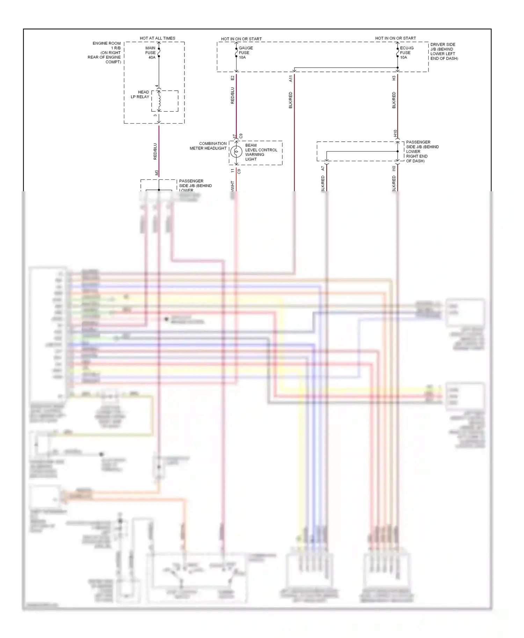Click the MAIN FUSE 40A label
pos(151,53)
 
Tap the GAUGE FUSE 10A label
pos(245,53)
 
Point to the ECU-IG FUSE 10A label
pos(406,53)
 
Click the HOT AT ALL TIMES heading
pos(157,38)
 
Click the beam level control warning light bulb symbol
pos(236,152)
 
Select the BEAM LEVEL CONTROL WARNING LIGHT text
pos(261,152)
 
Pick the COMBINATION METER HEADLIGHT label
pos(208,146)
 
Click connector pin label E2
pos(233,78)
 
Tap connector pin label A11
pos(291,79)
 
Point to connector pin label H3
pos(394,78)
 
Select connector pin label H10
pos(395,133)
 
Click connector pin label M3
pos(157,172)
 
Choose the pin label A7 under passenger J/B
pos(323,168)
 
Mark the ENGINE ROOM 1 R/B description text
pos(105,53)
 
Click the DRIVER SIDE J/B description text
pos(444,51)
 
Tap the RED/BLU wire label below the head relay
pos(155,151)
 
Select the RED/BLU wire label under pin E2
pos(233,96)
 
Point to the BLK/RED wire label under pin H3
pos(394,100)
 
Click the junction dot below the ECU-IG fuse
pos(398,68)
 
